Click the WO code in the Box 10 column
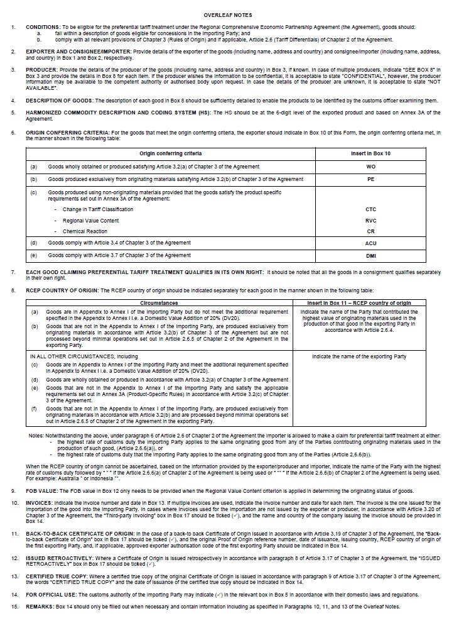pyautogui.click(x=370, y=167)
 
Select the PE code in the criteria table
pyautogui.click(x=370, y=179)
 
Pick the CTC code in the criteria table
pyautogui.click(x=370, y=209)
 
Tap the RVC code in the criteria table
pyautogui.click(x=370, y=221)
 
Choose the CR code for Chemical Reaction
pyautogui.click(x=370, y=231)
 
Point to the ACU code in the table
pyautogui.click(x=370, y=243)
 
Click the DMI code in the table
pyautogui.click(x=370, y=256)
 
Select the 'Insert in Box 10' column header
pyautogui.click(x=370, y=153)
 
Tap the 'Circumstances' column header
pyautogui.click(x=158, y=302)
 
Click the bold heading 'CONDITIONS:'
pyautogui.click(x=43, y=28)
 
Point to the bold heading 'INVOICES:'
pyautogui.click(x=39, y=503)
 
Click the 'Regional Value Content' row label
pyautogui.click(x=90, y=221)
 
